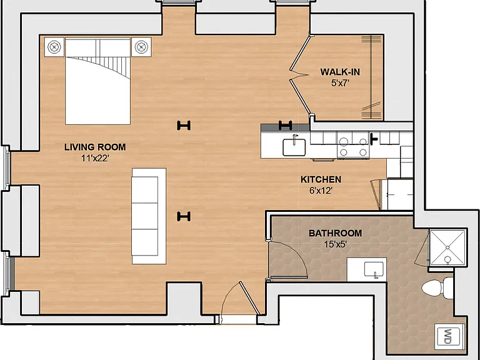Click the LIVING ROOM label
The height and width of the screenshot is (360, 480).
coord(95,147)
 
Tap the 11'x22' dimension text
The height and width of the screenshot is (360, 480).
coord(95,159)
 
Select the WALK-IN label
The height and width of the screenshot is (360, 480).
coord(340,72)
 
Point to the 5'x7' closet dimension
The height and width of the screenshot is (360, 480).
coord(340,83)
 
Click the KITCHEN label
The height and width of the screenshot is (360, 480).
coord(321,179)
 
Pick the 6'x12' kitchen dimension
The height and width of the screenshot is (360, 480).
coord(321,191)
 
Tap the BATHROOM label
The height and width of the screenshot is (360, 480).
coord(335,233)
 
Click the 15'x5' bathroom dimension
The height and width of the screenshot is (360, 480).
coord(335,244)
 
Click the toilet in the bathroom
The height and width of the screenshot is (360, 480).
coord(437,288)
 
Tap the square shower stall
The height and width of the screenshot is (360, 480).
coord(447,247)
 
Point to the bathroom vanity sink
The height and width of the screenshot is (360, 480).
coord(374,269)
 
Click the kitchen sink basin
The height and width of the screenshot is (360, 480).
coord(294,147)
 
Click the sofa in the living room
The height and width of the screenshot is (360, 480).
coord(149,216)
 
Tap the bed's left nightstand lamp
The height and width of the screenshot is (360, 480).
coord(54,47)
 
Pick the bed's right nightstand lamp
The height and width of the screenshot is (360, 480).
coord(141,47)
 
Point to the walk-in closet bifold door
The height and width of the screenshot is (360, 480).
coord(301,75)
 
